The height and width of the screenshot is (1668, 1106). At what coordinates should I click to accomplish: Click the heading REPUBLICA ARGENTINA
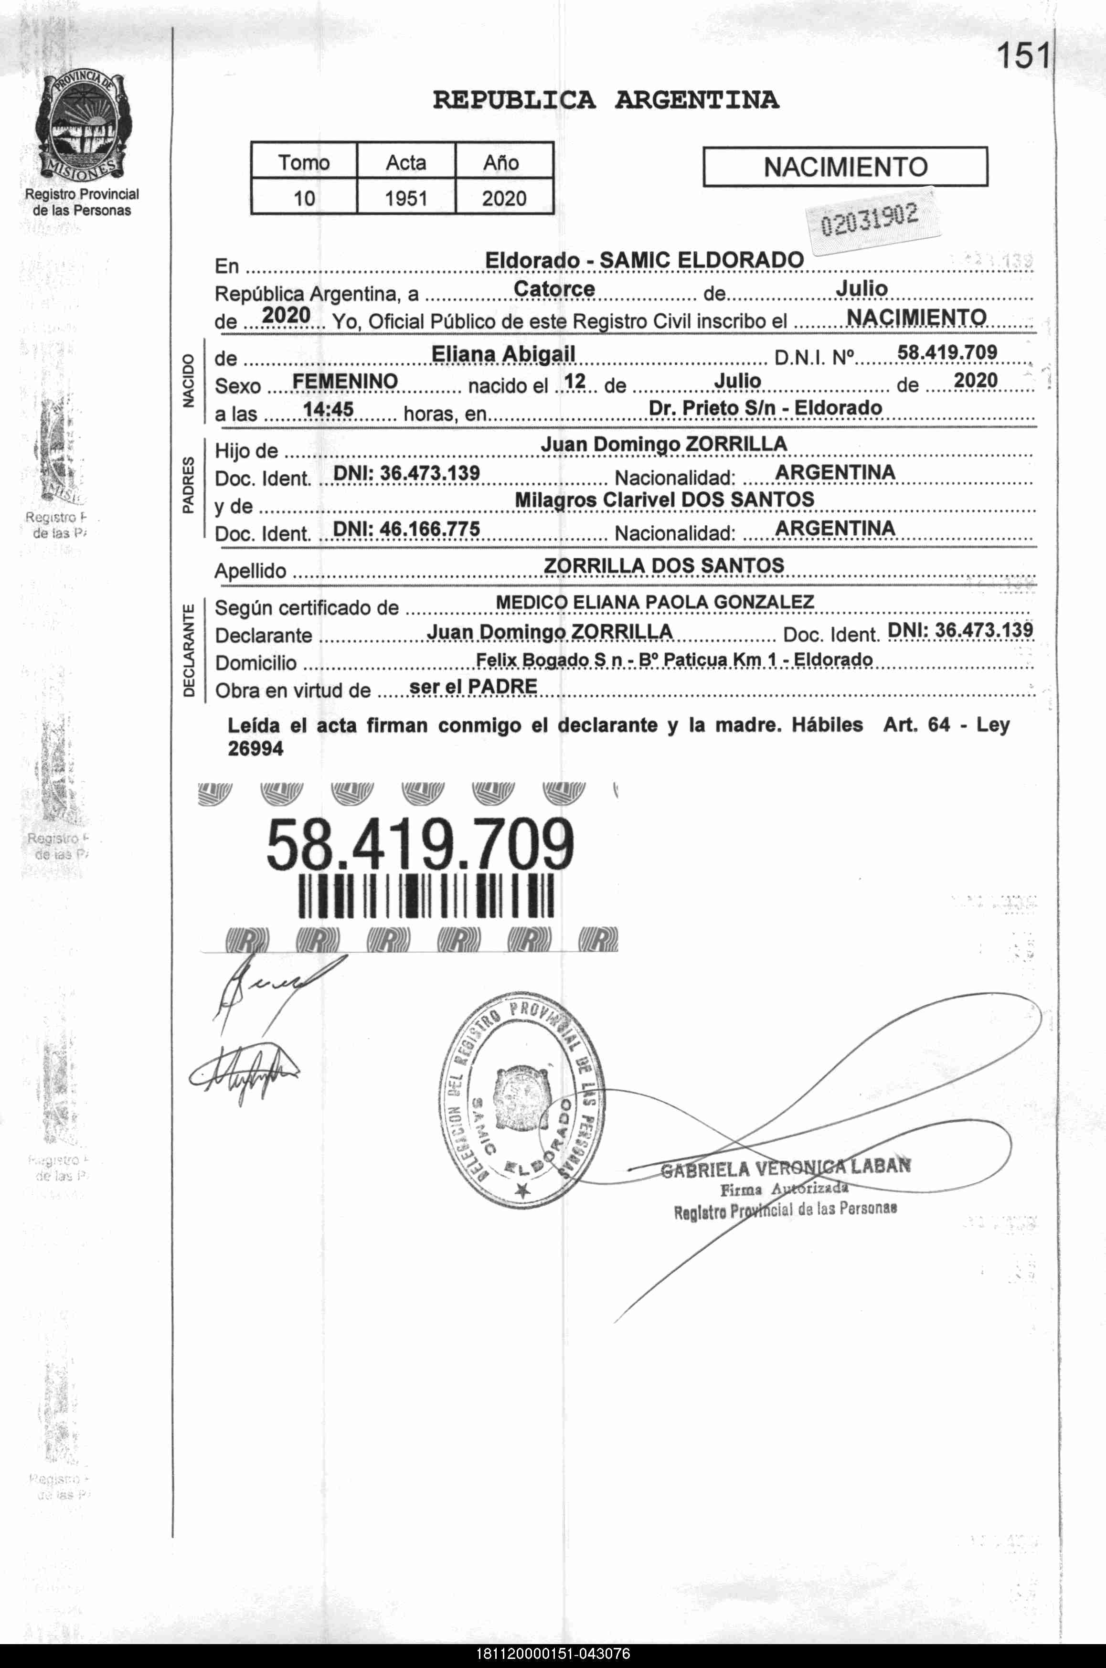606,100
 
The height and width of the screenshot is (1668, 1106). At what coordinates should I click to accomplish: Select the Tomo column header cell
304,162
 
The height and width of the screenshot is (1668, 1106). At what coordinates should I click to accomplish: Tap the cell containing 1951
406,198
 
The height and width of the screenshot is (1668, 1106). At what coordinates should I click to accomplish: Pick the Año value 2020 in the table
504,198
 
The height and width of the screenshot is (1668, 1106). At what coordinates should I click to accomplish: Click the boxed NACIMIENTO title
845,167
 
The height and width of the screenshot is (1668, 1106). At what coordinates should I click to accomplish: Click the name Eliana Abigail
503,353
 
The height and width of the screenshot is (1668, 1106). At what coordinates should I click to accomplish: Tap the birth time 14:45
328,409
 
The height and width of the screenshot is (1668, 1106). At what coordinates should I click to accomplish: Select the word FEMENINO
345,382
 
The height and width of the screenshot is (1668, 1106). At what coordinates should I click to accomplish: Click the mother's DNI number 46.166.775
406,529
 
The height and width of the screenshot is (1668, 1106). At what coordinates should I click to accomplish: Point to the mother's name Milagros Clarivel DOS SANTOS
664,499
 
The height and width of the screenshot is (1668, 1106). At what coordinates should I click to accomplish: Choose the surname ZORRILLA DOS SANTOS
664,566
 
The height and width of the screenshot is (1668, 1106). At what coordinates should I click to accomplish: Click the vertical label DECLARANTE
188,650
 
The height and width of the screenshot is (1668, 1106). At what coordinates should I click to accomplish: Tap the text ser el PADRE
473,686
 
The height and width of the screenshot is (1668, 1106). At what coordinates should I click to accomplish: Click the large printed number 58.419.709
420,844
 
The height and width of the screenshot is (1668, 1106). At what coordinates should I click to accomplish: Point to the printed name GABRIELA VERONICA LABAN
785,1167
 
